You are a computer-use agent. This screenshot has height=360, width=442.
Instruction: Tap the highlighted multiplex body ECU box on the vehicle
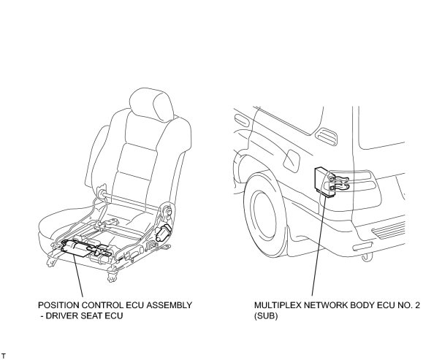pyautogui.click(x=324, y=181)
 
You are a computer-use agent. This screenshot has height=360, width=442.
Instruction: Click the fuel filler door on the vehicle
pyautogui.click(x=292, y=161)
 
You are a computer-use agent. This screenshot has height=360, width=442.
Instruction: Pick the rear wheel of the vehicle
pyautogui.click(x=265, y=214)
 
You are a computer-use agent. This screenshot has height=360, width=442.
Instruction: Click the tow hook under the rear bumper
pyautogui.click(x=367, y=257)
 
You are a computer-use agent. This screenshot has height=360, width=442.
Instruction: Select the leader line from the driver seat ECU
pyautogui.click(x=78, y=275)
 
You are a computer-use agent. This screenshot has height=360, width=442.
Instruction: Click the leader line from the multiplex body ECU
pyautogui.click(x=319, y=245)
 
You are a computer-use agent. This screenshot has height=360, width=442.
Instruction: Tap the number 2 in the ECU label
pyautogui.click(x=417, y=305)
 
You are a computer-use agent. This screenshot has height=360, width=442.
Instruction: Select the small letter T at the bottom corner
pyautogui.click(x=4, y=356)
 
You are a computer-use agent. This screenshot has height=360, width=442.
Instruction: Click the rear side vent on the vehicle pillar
pyautogui.click(x=327, y=137)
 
